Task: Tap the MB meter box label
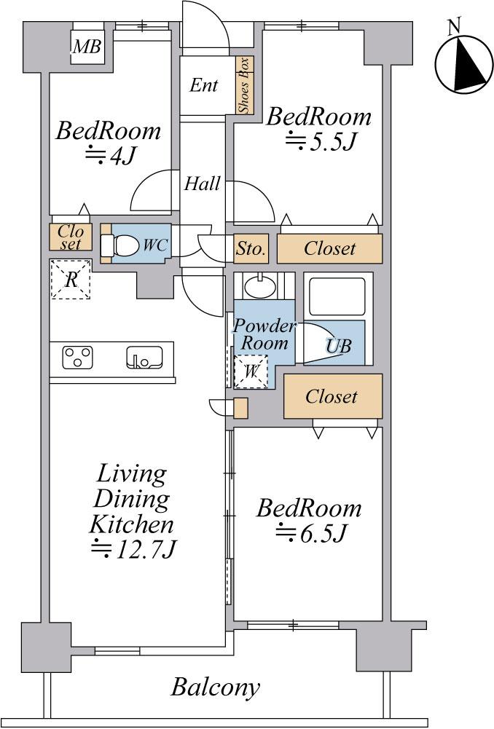click(x=87, y=47)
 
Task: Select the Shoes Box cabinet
click(x=244, y=85)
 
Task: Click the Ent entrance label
click(x=204, y=85)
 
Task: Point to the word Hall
click(x=202, y=184)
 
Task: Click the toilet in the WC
click(x=120, y=245)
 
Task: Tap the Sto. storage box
click(x=251, y=249)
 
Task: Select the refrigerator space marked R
click(x=71, y=279)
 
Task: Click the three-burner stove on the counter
click(x=78, y=357)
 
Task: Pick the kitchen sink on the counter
click(x=145, y=357)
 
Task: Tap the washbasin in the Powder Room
click(x=260, y=286)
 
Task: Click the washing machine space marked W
click(x=251, y=371)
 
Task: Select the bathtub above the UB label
click(x=337, y=296)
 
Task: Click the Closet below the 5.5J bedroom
click(x=330, y=249)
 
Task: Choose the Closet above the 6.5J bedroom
click(x=333, y=396)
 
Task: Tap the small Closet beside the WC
click(x=71, y=237)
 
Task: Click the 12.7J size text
click(x=133, y=549)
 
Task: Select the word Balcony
click(x=216, y=687)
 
